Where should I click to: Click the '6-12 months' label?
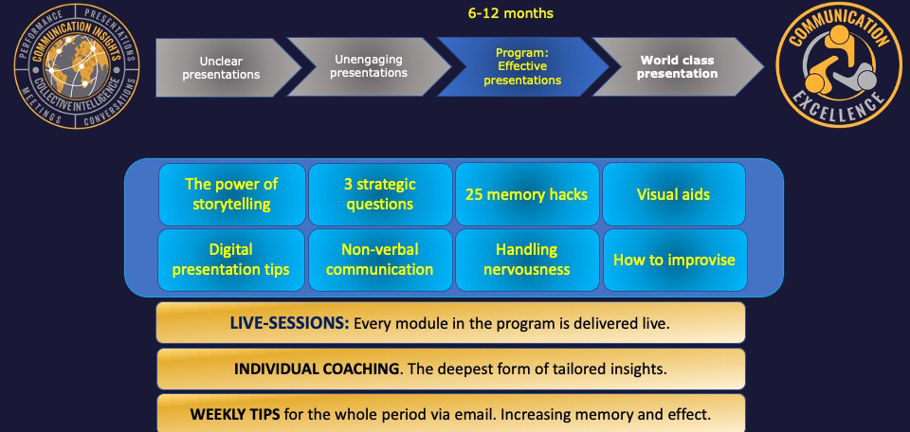tap(511, 13)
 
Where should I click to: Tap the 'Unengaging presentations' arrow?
tap(369, 66)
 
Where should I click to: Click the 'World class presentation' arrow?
tap(677, 66)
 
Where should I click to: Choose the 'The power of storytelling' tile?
tap(231, 194)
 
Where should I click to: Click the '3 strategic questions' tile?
tap(380, 194)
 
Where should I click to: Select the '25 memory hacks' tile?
tap(527, 194)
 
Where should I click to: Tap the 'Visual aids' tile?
tap(674, 194)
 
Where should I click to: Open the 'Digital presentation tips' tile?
tap(231, 260)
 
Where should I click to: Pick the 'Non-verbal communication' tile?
tap(380, 260)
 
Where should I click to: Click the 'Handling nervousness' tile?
tap(527, 260)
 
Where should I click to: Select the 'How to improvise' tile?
tap(675, 260)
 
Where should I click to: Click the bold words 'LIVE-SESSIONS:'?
tap(290, 323)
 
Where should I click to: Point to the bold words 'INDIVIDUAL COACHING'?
tap(317, 369)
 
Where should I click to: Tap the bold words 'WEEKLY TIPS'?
tap(235, 415)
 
